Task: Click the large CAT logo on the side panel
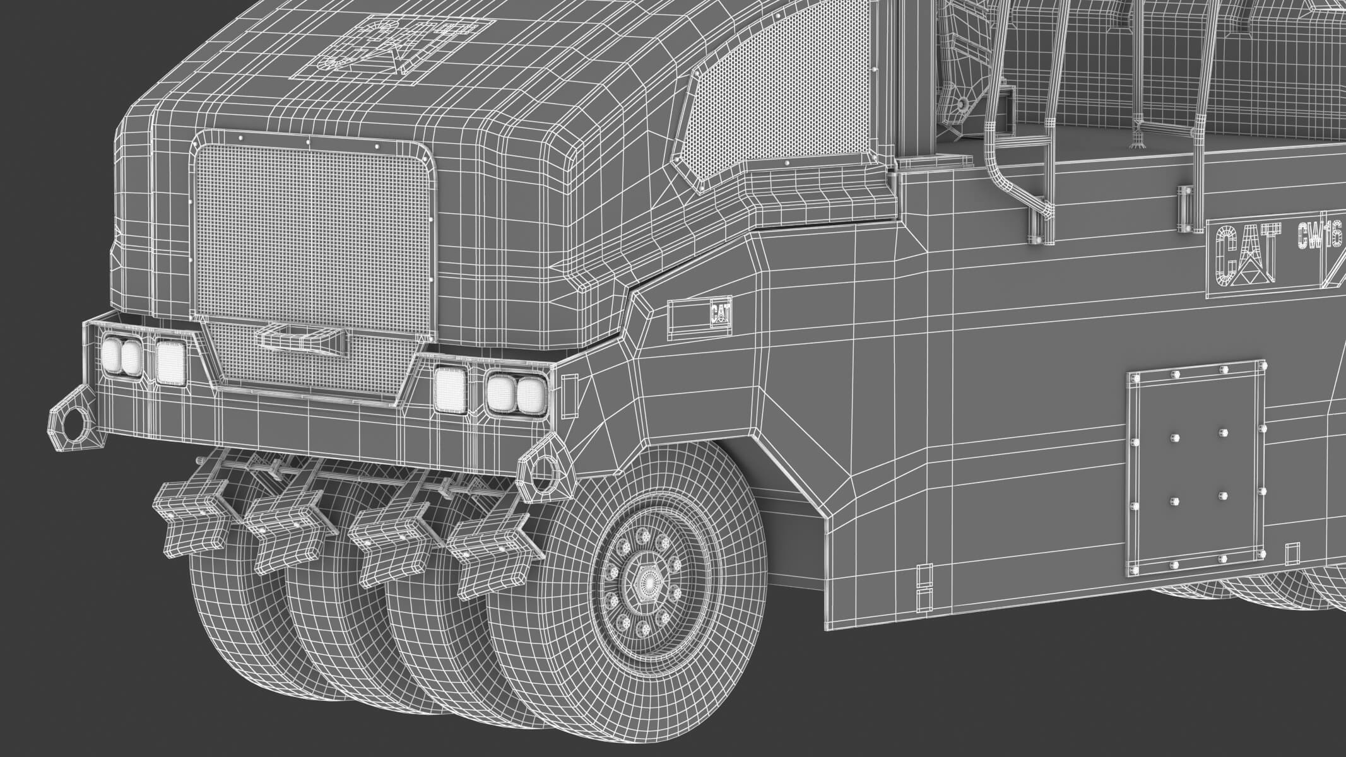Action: [x=1249, y=259]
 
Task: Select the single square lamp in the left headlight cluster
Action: [x=170, y=362]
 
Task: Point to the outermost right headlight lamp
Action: [x=530, y=395]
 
